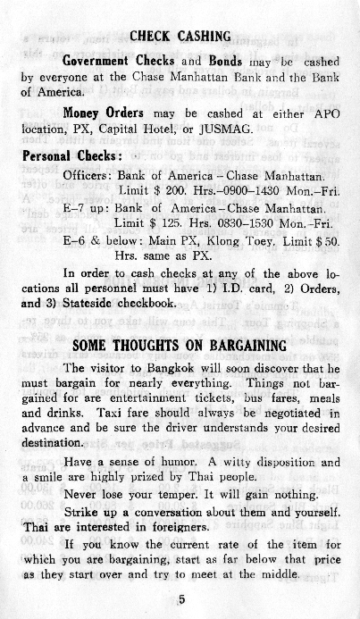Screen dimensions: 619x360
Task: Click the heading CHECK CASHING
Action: pyautogui.click(x=180, y=37)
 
